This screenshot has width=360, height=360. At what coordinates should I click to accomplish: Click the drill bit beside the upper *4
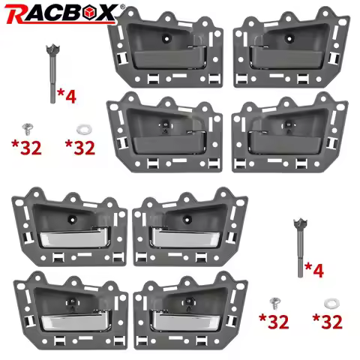(x=52, y=74)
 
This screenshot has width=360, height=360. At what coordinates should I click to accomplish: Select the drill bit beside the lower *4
(x=300, y=247)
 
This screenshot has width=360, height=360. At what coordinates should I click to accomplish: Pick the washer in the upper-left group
(x=84, y=129)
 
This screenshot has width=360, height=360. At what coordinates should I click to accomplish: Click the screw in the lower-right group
(x=275, y=304)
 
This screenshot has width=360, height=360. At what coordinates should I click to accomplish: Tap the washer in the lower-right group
(x=331, y=303)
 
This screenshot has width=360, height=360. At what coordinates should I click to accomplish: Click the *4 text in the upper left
(x=67, y=96)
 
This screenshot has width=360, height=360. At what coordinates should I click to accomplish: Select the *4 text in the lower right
(x=314, y=270)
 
